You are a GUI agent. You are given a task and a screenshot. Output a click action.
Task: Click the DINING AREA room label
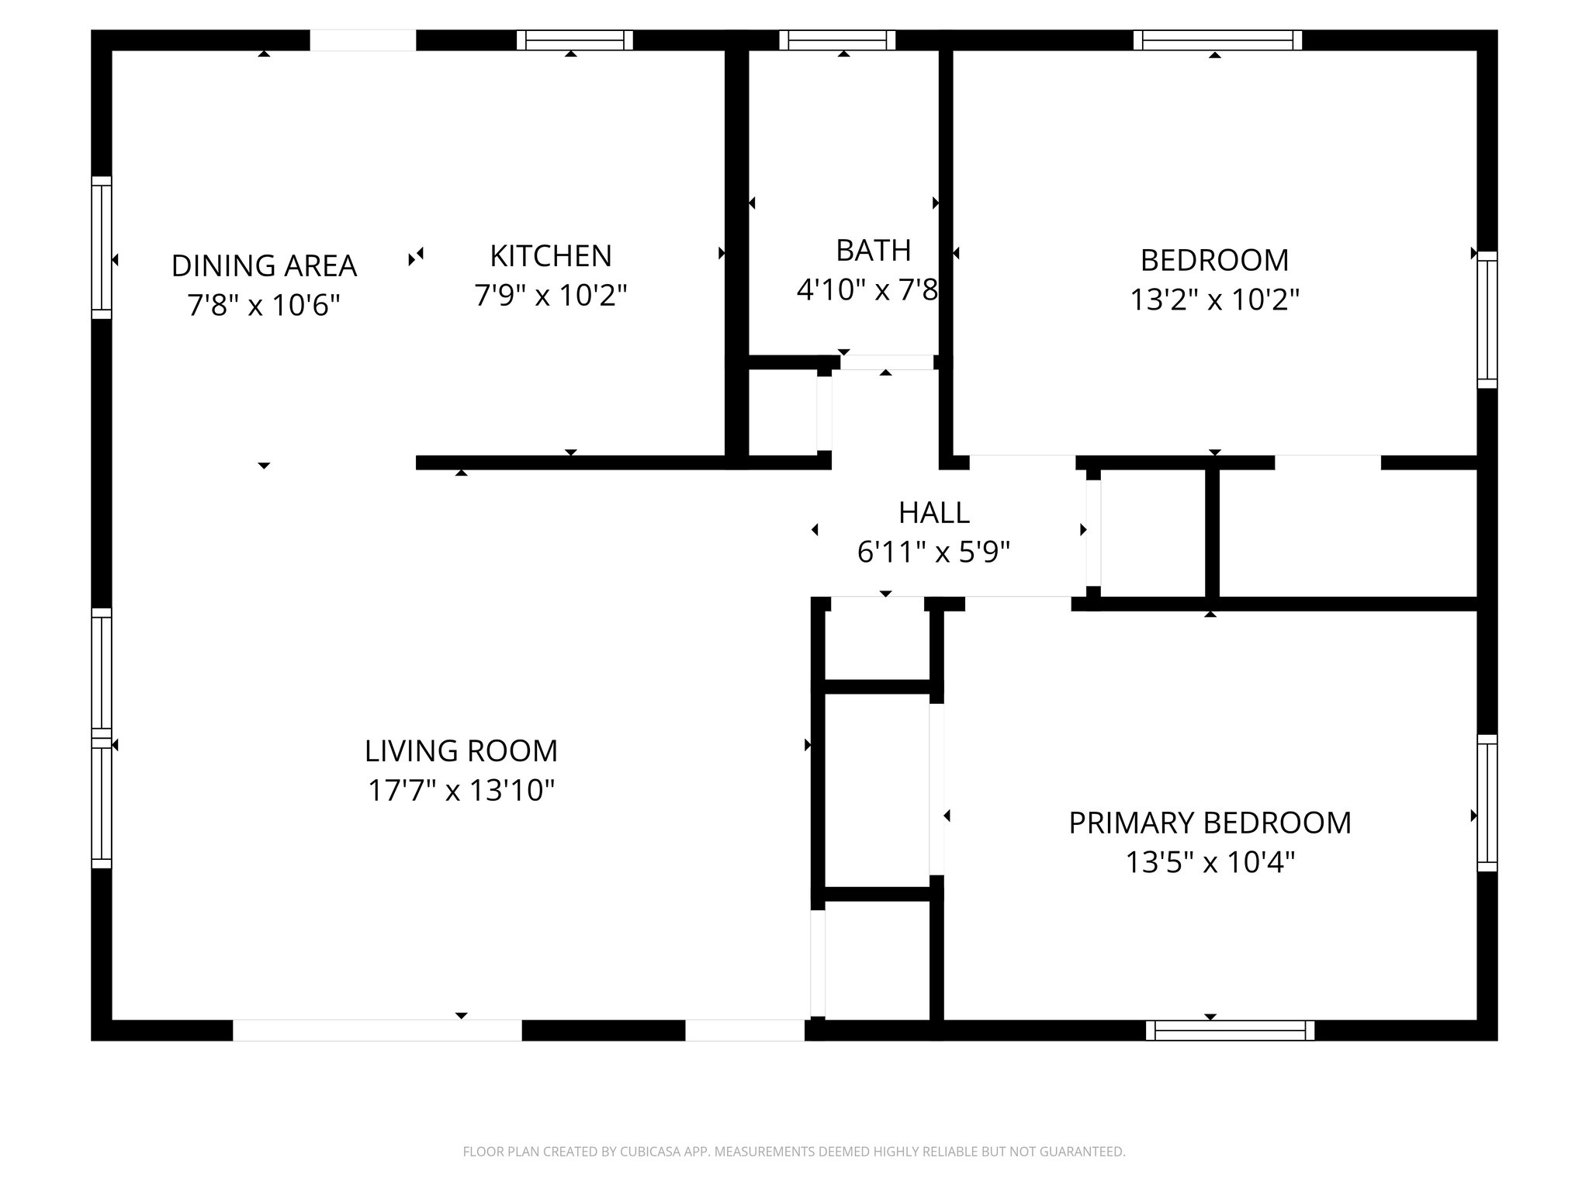[x=264, y=266]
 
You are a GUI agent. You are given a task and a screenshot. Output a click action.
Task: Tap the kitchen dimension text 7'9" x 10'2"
[x=550, y=296]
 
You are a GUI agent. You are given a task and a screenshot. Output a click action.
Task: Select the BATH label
[x=873, y=251]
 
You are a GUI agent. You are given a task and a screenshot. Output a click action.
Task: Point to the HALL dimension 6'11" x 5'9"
[x=933, y=553]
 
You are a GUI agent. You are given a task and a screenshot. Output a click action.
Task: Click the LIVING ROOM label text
[x=461, y=751]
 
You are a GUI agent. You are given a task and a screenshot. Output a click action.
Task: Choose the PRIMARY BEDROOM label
[x=1210, y=823]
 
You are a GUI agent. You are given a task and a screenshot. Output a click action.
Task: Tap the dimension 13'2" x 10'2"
[x=1214, y=300]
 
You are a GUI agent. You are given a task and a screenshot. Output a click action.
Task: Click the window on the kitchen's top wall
[x=574, y=40]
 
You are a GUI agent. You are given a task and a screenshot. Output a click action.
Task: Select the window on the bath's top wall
[x=837, y=40]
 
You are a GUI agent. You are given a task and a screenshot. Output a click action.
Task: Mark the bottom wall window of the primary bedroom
[x=1230, y=1031]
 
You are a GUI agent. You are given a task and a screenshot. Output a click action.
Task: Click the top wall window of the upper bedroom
[x=1217, y=40]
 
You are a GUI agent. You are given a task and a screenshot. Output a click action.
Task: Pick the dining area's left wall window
[x=102, y=248]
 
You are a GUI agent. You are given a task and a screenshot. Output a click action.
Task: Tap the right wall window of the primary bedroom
[x=1487, y=803]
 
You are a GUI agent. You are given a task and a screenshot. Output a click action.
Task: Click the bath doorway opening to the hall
[x=886, y=362]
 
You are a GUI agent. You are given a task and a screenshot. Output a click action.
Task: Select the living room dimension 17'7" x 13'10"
[x=461, y=791]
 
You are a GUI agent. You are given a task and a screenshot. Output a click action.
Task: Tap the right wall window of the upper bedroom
[x=1487, y=319]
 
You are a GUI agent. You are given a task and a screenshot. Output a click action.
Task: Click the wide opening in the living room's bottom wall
[x=377, y=1031]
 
